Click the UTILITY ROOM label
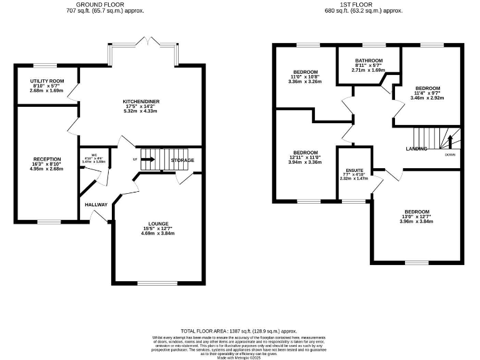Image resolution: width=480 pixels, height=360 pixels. (47, 81)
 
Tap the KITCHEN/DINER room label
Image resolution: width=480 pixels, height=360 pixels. (140, 100)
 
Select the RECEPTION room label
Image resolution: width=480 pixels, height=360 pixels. (47, 159)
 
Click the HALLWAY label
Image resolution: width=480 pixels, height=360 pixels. (96, 204)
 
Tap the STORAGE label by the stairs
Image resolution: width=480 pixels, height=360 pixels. (184, 161)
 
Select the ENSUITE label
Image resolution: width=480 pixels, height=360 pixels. (354, 171)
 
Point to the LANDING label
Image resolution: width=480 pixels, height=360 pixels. (416, 149)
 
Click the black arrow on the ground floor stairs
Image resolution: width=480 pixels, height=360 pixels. (148, 159)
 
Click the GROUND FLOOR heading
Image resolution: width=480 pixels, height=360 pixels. (97, 4)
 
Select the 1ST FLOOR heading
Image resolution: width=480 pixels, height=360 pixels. (363, 4)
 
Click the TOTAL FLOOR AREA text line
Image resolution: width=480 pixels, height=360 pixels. (237, 330)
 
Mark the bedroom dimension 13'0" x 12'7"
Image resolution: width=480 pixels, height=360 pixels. (416, 217)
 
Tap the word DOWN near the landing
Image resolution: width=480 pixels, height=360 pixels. (449, 154)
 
